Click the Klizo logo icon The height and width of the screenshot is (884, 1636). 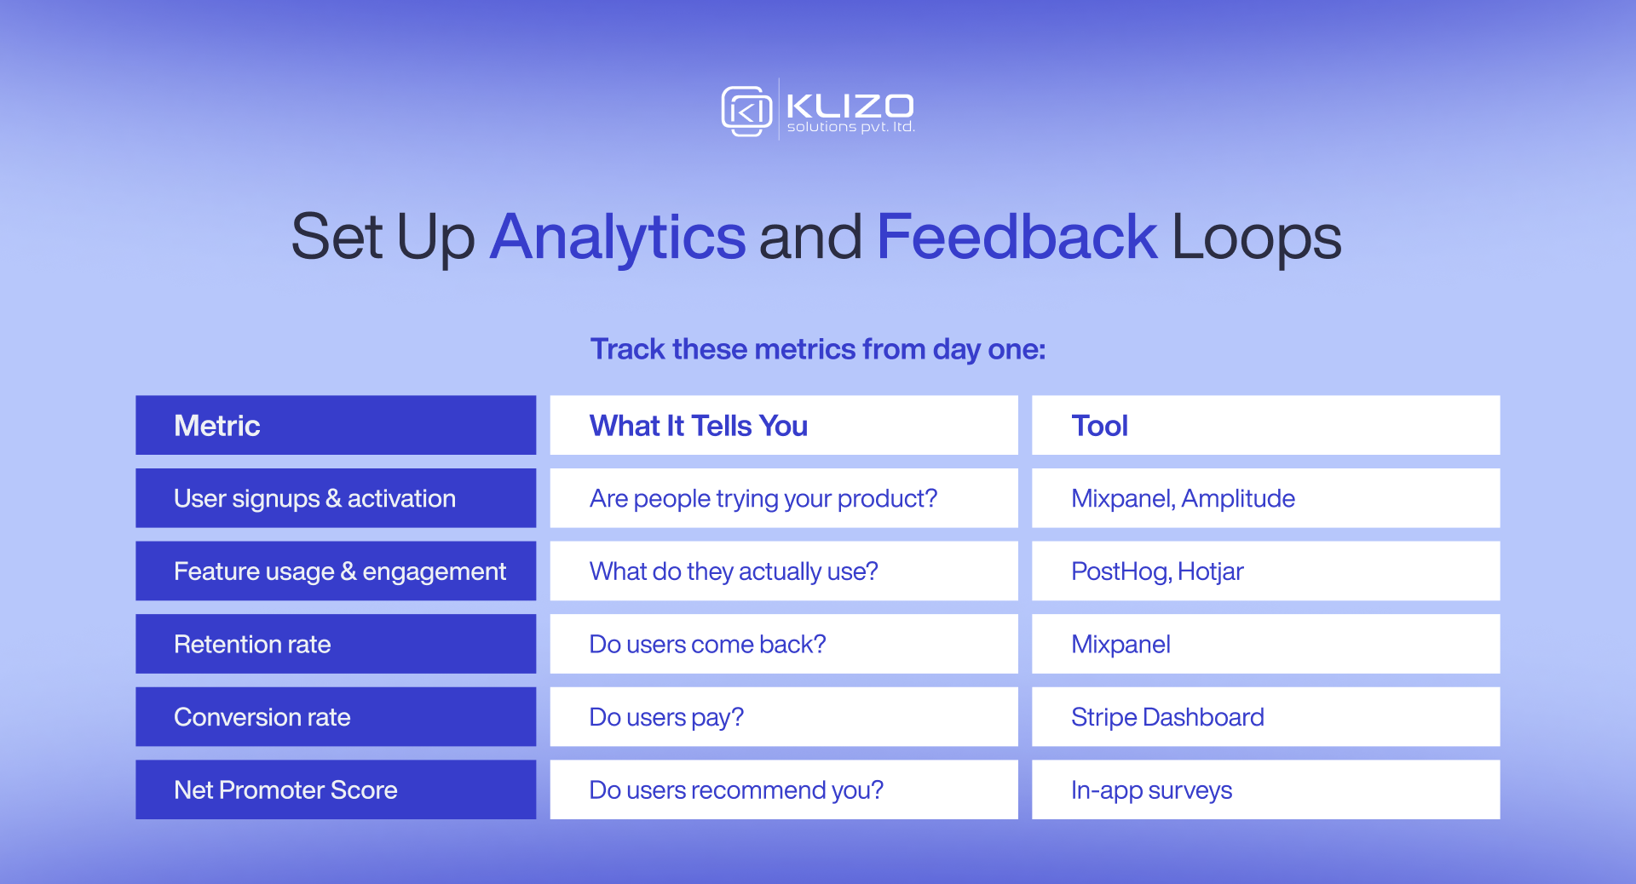[746, 111]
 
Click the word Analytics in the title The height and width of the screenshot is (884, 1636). [618, 237]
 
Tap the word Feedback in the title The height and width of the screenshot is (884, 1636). [1016, 237]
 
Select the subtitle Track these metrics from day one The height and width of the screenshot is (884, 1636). [818, 349]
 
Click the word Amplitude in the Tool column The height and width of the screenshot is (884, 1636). [1238, 498]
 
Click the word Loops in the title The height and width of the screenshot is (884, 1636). [1256, 237]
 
